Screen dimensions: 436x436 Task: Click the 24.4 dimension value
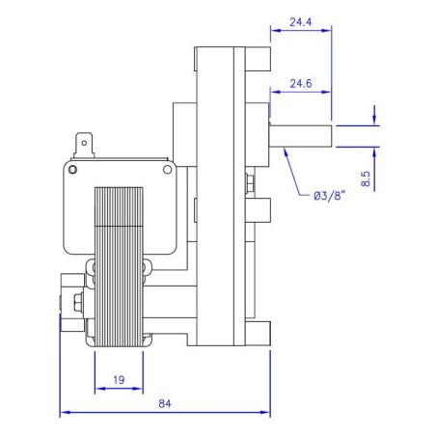point(301,19)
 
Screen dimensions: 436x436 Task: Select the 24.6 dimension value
point(301,84)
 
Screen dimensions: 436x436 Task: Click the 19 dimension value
point(118,380)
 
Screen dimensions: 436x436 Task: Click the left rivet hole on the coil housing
point(97,170)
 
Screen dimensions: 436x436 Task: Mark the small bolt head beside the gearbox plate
point(250,181)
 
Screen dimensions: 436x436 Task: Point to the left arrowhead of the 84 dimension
point(64,413)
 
